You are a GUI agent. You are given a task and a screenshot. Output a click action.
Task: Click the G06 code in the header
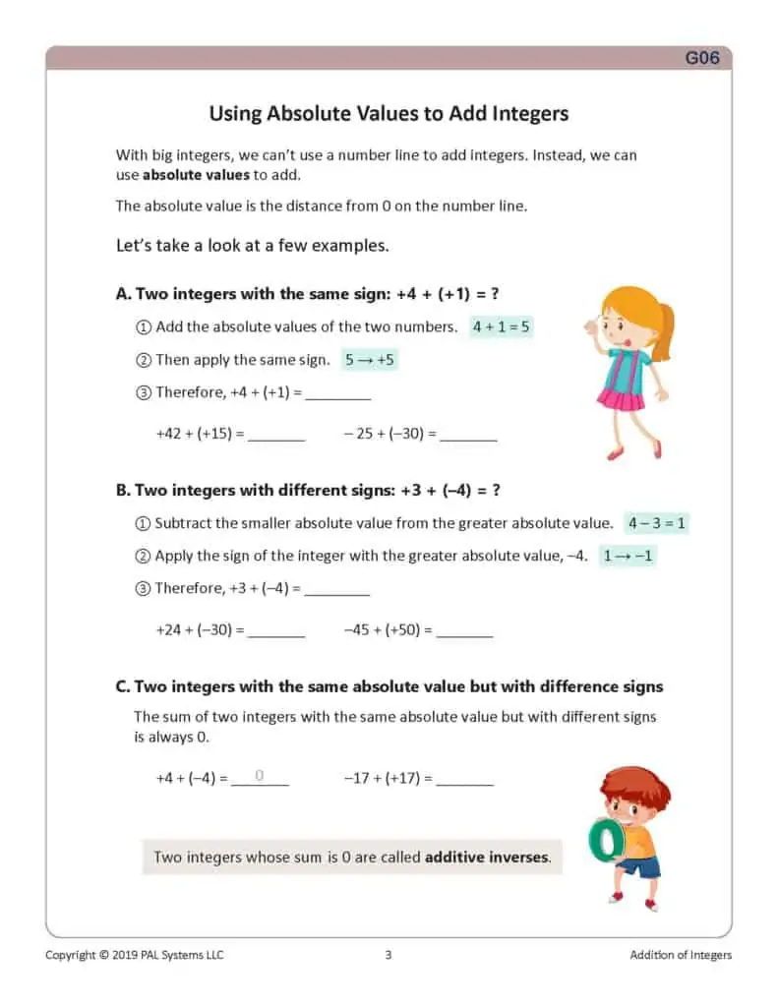tap(702, 58)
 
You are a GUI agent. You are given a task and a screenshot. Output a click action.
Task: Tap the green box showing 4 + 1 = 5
tap(501, 327)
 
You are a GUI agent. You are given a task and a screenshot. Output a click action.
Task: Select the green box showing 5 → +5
tap(369, 359)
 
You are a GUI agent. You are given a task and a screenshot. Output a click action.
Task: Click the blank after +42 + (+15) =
tap(276, 434)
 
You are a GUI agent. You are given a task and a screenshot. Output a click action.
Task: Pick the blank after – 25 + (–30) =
tap(468, 434)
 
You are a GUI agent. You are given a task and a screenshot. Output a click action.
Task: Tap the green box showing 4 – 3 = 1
tap(656, 523)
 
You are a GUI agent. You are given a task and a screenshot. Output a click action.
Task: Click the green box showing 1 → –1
tap(628, 556)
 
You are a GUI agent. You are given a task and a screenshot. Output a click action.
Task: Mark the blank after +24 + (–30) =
tap(275, 630)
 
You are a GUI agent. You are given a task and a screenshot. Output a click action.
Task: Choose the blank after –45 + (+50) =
tap(463, 630)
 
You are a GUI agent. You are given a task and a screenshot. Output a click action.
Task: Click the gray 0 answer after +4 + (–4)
tap(260, 776)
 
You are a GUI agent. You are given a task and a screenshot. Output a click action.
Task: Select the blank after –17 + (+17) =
tap(464, 778)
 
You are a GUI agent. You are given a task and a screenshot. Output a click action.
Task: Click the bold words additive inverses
tap(486, 857)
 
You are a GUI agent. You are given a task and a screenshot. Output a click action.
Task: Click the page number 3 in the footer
tap(389, 955)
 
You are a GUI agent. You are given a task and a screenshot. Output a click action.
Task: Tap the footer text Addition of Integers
tap(681, 955)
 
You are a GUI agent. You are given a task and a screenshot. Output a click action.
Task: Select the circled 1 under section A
tap(143, 327)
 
